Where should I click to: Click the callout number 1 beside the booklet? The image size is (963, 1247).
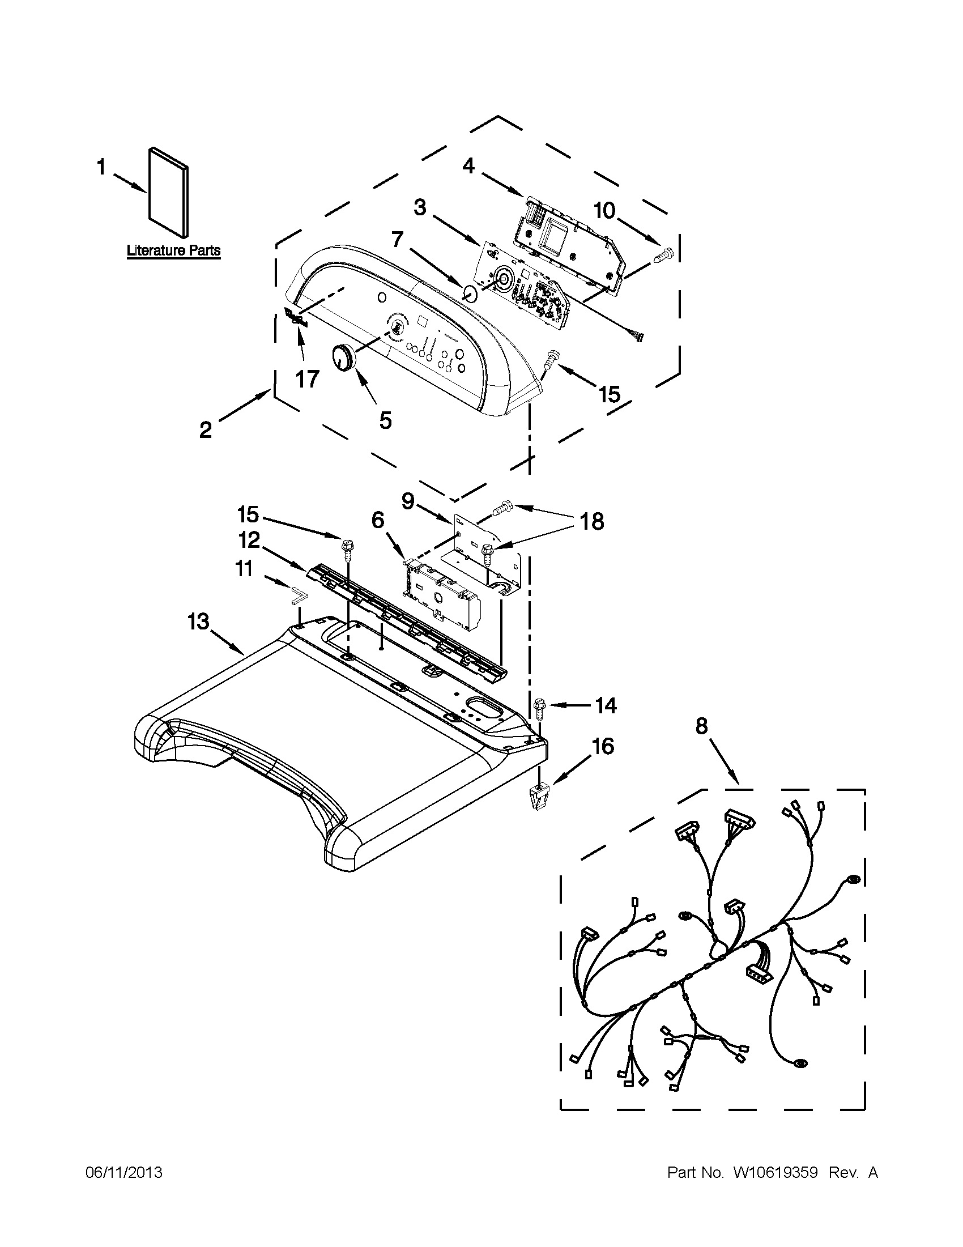point(101,168)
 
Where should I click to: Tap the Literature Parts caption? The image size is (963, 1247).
point(173,250)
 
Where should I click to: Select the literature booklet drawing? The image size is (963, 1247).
point(168,193)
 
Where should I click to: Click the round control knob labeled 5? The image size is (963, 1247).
point(342,359)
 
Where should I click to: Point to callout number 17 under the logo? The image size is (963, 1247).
point(307,378)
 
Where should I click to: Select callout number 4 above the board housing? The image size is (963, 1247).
point(468,165)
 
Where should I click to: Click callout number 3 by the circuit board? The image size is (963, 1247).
point(420,208)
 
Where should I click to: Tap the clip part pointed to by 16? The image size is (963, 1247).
point(536,795)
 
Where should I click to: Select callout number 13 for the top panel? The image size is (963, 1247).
point(198,621)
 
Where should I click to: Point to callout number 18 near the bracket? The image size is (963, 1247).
point(592,521)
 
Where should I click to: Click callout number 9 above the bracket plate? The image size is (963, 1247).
point(408,501)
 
